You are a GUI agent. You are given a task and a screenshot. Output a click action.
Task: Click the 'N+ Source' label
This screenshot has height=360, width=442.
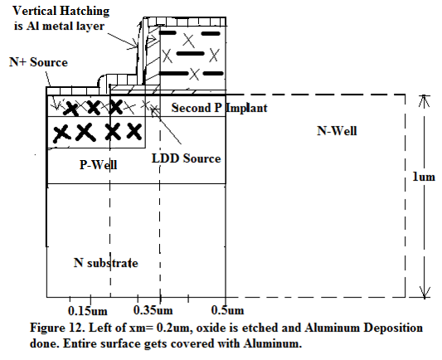coord(39,62)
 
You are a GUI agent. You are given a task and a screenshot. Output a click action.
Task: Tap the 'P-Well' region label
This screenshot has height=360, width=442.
coord(98,164)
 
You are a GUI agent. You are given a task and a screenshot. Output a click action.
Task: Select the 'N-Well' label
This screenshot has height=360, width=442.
coord(337,131)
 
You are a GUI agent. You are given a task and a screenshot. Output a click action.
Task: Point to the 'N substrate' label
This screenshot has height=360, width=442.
coord(105,263)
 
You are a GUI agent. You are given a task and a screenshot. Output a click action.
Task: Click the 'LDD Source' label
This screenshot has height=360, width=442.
coord(186,158)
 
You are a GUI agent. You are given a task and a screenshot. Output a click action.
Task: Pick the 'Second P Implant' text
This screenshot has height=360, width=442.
coord(219,108)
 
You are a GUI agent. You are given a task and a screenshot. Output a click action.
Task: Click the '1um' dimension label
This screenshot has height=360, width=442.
coord(424,177)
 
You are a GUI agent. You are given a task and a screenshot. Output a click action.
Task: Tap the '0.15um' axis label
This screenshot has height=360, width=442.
coord(88,311)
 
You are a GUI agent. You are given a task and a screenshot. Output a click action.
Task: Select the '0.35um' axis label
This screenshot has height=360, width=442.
coord(153,310)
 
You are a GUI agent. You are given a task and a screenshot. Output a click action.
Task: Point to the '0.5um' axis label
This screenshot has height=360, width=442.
coord(227,310)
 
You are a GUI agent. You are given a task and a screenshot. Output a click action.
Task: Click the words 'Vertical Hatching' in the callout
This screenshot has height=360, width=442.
coord(61,12)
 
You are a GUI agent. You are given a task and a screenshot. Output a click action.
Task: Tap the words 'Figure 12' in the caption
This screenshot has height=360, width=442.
coord(57,328)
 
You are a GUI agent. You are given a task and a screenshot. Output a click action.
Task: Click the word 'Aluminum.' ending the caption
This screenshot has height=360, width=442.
coord(273,343)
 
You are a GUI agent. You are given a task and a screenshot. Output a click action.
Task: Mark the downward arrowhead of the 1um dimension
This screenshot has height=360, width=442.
coord(425,292)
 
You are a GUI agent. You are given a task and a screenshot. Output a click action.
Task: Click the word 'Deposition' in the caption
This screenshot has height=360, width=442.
coord(393,328)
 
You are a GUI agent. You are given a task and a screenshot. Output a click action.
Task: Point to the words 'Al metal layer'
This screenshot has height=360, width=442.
coord(66,27)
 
